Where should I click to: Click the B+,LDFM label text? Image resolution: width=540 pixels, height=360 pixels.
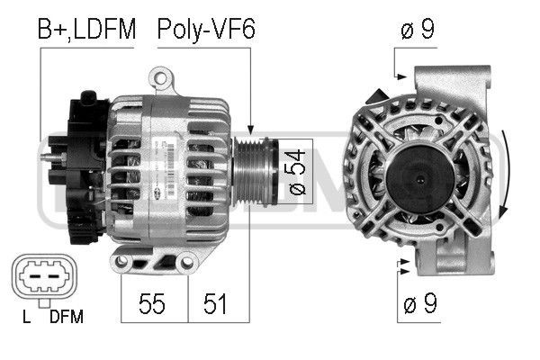pyautogui.click(x=86, y=30)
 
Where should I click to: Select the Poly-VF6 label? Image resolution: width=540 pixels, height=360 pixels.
pyautogui.click(x=206, y=30)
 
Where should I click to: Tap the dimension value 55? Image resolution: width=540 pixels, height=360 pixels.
pyautogui.click(x=154, y=303)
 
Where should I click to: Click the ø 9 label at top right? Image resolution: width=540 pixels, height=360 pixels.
pyautogui.click(x=418, y=30)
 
